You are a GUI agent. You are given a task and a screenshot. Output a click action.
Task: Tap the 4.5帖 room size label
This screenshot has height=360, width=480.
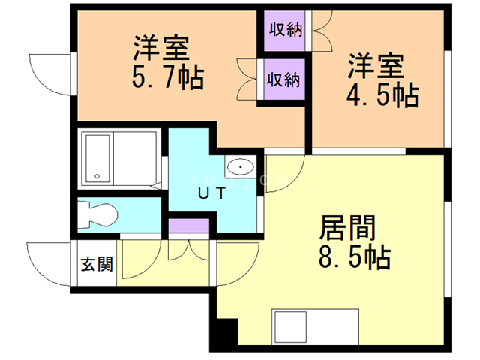[x=382, y=95]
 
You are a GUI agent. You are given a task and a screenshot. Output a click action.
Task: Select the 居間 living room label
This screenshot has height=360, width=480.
[x=347, y=227]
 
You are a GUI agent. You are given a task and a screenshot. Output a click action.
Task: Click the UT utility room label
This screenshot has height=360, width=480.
[x=212, y=193]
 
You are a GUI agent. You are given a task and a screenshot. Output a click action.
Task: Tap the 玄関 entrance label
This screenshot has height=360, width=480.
[x=97, y=264]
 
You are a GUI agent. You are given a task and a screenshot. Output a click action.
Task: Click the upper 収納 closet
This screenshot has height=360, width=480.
[x=285, y=31]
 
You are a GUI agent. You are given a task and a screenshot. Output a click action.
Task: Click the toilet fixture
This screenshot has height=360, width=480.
[x=97, y=215]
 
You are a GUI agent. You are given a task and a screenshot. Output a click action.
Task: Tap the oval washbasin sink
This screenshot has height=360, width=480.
[x=241, y=166]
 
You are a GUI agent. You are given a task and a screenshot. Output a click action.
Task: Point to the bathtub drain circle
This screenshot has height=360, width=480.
[x=97, y=176]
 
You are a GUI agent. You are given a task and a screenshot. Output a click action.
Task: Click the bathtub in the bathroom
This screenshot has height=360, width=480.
[x=98, y=158]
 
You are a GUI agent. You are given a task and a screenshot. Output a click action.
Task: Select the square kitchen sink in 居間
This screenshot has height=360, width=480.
[x=290, y=327]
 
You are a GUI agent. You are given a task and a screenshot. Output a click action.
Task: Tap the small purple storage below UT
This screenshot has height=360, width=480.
[x=189, y=226]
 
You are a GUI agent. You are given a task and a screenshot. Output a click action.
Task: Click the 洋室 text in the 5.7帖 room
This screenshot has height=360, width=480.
[x=161, y=48]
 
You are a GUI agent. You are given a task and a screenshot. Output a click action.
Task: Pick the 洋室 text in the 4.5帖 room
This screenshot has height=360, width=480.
[x=376, y=66]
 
